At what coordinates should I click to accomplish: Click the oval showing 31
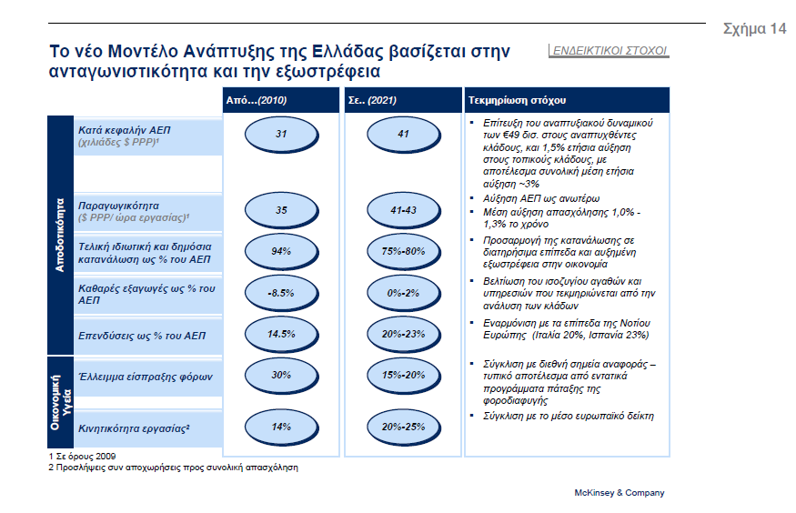click(x=281, y=135)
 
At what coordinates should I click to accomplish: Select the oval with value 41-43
click(x=404, y=211)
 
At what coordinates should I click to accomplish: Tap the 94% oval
click(x=281, y=252)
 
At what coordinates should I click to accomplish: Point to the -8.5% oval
click(x=281, y=293)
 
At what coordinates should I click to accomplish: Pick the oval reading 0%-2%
click(x=404, y=293)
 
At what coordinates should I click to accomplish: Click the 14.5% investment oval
click(x=281, y=335)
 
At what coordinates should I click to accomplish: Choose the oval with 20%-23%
click(x=404, y=335)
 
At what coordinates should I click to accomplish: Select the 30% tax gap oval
click(x=281, y=376)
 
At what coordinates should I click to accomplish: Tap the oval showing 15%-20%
click(x=404, y=376)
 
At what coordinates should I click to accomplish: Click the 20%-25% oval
click(x=404, y=427)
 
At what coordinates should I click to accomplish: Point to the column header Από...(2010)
click(x=257, y=100)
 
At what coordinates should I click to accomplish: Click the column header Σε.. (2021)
click(x=372, y=100)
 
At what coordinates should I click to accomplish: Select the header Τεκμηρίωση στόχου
click(x=517, y=100)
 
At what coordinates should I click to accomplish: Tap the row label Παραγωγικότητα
click(x=118, y=206)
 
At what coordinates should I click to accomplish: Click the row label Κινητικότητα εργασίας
click(x=134, y=428)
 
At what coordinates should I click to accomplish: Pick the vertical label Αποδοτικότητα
click(x=60, y=235)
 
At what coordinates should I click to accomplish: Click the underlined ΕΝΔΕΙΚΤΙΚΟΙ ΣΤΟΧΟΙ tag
click(x=610, y=51)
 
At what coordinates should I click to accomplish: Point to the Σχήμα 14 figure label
click(x=755, y=28)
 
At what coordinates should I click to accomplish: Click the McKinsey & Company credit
click(x=620, y=493)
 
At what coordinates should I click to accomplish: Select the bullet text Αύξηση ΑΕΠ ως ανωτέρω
click(x=541, y=198)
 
